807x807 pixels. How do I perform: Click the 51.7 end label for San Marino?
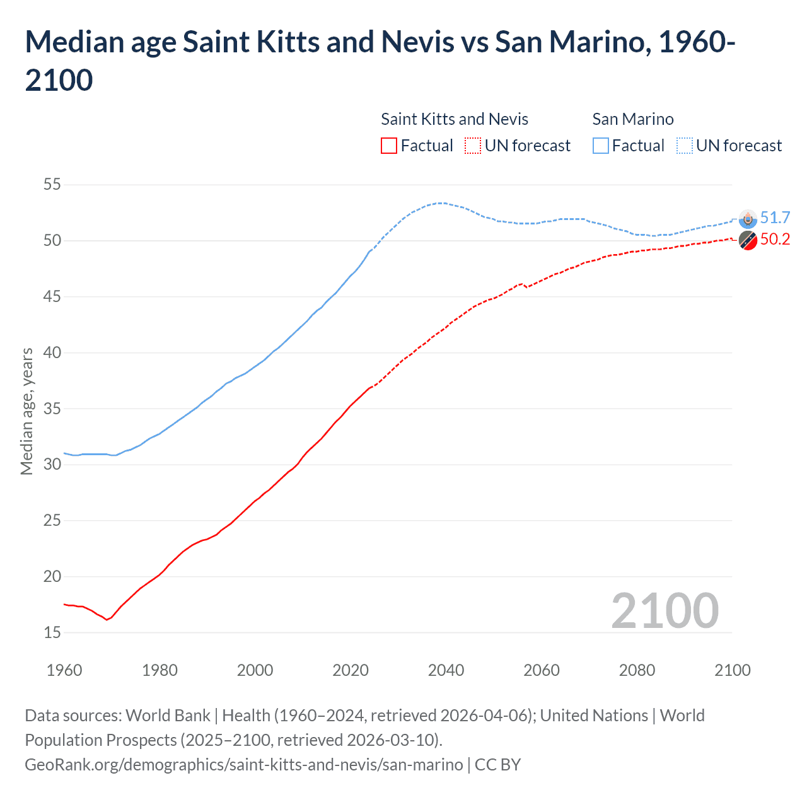(x=775, y=218)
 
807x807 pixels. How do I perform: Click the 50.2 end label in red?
(x=775, y=239)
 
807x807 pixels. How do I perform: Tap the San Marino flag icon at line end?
(x=748, y=218)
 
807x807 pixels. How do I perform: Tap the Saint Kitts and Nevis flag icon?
(x=748, y=240)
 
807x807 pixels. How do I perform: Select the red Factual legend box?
(x=389, y=146)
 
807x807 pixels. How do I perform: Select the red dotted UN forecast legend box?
(x=473, y=146)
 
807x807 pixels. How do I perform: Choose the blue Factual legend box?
(x=601, y=146)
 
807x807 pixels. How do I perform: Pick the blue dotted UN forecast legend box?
(x=684, y=146)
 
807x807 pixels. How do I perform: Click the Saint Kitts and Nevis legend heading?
(x=455, y=119)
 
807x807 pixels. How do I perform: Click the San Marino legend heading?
(x=633, y=119)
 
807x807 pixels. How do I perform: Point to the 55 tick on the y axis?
(x=52, y=185)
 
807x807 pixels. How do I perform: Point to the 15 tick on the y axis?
(x=52, y=632)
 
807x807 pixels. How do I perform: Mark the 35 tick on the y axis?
(x=52, y=409)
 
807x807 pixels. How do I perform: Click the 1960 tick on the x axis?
(x=64, y=670)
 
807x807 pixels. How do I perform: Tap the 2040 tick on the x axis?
(x=446, y=670)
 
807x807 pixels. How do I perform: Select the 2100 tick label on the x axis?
(x=732, y=670)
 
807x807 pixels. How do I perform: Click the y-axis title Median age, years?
(x=26, y=410)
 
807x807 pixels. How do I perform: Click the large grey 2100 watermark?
(x=665, y=611)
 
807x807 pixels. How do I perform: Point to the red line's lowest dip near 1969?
(x=107, y=620)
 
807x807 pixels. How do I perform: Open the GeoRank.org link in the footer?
(x=243, y=765)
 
